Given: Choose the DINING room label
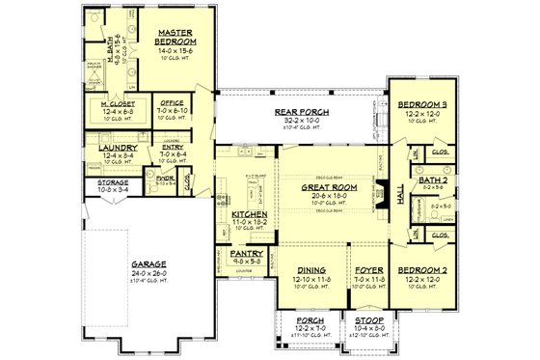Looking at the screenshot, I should (310, 271).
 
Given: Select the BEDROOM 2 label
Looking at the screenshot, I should (418, 271).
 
